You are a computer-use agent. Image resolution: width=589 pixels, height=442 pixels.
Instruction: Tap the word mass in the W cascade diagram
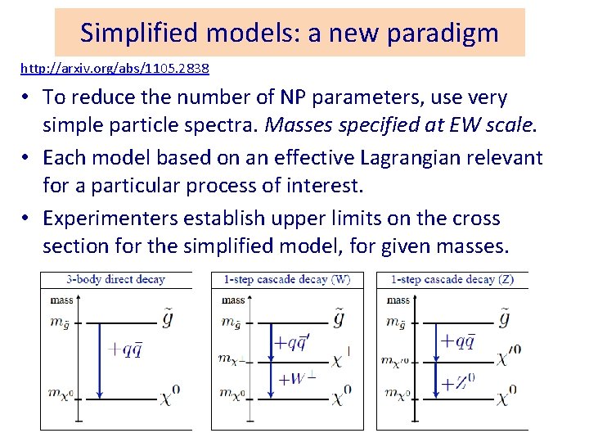click(233, 300)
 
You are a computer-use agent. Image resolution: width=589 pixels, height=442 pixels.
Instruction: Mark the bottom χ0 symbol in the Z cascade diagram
click(507, 398)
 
